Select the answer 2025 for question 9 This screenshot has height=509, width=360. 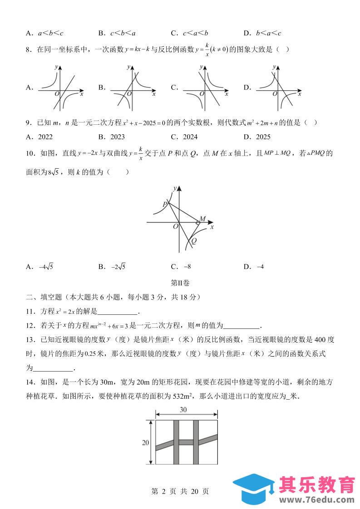pyautogui.click(x=257, y=137)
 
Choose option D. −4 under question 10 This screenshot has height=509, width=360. pyautogui.click(x=254, y=267)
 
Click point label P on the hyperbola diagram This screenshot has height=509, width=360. pyautogui.click(x=165, y=205)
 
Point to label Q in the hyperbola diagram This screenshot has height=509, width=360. pyautogui.click(x=194, y=241)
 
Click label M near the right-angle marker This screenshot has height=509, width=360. pyautogui.click(x=202, y=219)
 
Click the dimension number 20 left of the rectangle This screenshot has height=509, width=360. pyautogui.click(x=146, y=443)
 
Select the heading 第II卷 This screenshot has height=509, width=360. pyautogui.click(x=180, y=283)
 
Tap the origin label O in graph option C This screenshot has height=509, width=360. pyautogui.click(x=201, y=93)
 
